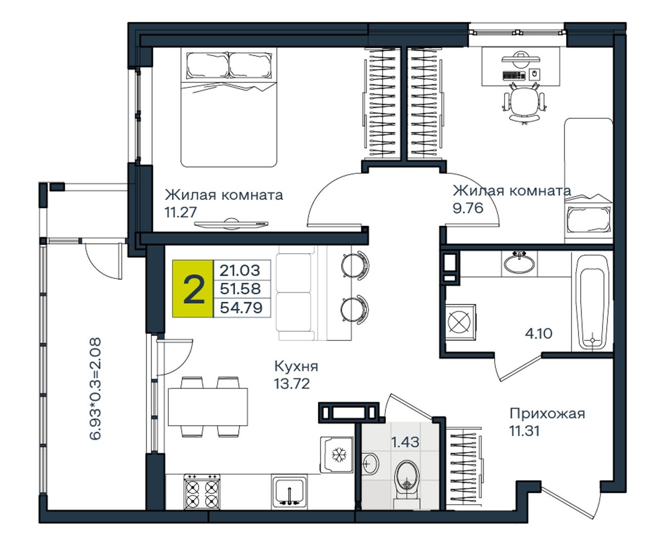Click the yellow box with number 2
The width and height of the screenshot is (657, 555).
point(193,289)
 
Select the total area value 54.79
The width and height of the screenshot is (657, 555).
point(241,308)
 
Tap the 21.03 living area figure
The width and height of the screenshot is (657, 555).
point(240,270)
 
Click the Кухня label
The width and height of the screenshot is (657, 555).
point(296,366)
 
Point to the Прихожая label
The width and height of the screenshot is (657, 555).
point(547,413)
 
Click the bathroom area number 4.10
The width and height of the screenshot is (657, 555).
point(538,333)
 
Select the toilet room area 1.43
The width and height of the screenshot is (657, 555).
point(405,442)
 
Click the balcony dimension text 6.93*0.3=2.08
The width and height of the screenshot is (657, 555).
point(95,389)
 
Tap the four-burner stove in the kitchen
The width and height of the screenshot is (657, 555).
point(202,491)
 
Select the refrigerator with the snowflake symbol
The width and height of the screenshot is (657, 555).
point(337,454)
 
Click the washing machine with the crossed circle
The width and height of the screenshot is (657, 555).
point(460,322)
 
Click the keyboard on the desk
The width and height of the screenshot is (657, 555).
point(514,75)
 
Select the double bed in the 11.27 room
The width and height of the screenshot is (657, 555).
point(229,107)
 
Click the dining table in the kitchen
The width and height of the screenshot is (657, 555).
point(208,407)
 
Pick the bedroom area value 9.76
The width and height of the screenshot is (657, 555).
point(468,208)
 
